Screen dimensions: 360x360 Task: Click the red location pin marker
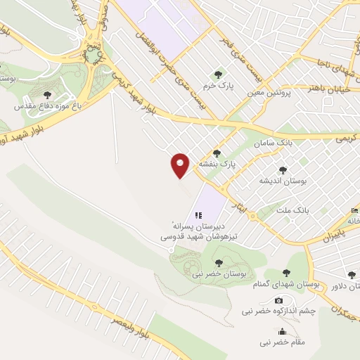coord(180,165)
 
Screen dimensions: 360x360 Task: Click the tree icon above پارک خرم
coord(217,72)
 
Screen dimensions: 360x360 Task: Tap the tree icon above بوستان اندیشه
coord(283,169)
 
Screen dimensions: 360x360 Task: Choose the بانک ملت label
coord(295,210)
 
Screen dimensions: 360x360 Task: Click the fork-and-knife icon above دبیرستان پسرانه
coord(198,214)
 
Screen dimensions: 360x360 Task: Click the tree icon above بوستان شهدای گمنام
coord(285,274)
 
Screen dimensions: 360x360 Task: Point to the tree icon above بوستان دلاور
coord(352,275)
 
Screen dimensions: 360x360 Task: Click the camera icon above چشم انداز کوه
coord(279,300)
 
